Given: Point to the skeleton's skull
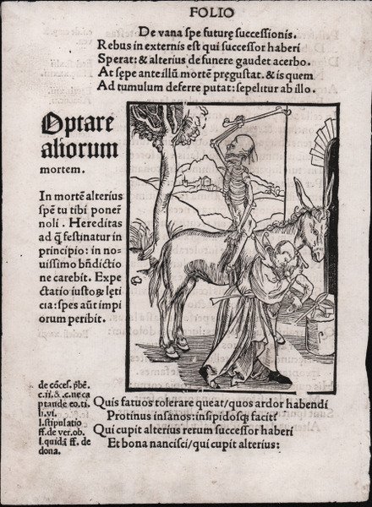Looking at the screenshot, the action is [245, 145].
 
